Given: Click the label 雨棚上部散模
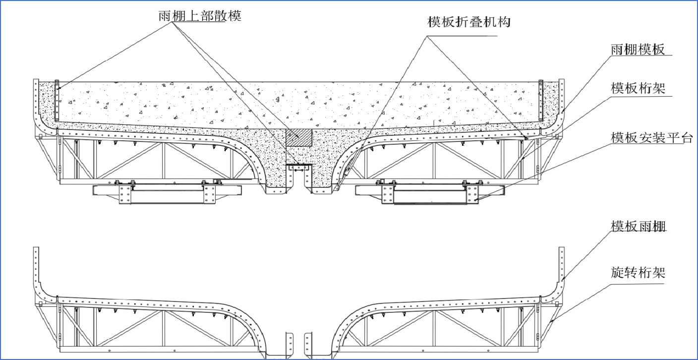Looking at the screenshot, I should [x=200, y=16].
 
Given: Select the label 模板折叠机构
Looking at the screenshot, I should [x=468, y=22].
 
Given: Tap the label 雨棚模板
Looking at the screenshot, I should [x=638, y=50].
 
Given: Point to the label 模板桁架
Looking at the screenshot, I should [x=638, y=88].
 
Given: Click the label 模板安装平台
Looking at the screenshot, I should [x=651, y=137].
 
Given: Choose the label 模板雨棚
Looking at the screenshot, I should [x=638, y=226].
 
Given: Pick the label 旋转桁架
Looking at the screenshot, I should [x=638, y=272].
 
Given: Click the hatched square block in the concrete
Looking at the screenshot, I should [x=299, y=137].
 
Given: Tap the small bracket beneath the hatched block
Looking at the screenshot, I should [x=299, y=168].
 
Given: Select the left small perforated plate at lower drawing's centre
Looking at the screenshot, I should [x=289, y=344].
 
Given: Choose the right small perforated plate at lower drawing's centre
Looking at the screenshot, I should [x=308, y=344].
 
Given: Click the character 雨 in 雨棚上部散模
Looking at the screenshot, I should [x=165, y=16].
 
